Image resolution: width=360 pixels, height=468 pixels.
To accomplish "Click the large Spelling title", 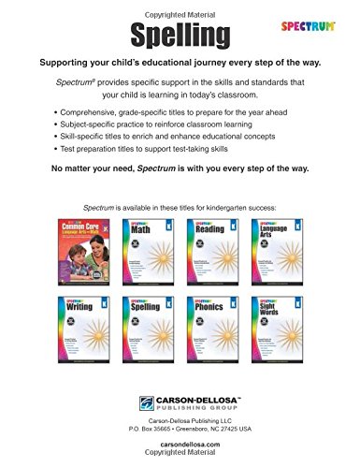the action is click(179, 34).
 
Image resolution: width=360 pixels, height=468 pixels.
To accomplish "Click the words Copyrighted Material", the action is click(180, 5).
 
